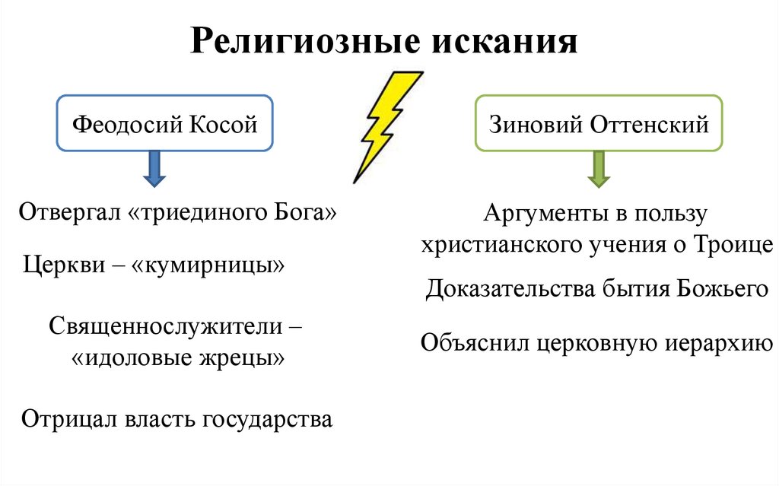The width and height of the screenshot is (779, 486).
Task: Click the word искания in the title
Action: (506, 41)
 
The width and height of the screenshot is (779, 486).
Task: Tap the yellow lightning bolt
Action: (386, 125)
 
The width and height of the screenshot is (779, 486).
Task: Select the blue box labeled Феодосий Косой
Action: (164, 123)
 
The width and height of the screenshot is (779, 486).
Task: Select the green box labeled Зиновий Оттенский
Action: (599, 123)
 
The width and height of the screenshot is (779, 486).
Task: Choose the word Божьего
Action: (721, 289)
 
